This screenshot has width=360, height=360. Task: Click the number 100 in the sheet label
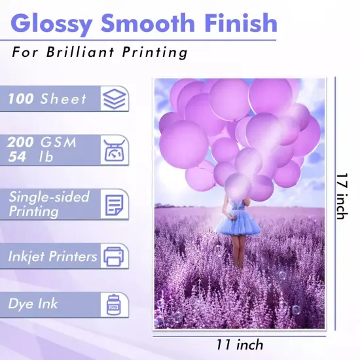click(21, 99)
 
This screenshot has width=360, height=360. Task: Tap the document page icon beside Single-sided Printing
click(115, 203)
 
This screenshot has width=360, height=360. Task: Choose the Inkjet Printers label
click(52, 255)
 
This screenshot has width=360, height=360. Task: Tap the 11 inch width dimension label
click(240, 344)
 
